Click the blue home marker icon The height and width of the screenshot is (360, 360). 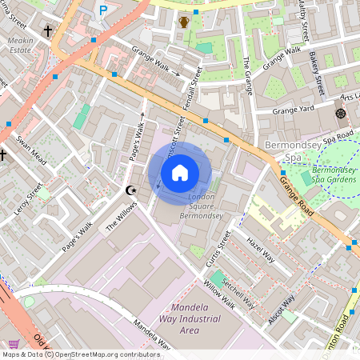[x=180, y=172]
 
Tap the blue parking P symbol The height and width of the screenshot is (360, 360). [x=102, y=10]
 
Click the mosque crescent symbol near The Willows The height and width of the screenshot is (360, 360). [x=132, y=190]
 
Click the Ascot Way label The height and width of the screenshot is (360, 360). [x=282, y=305]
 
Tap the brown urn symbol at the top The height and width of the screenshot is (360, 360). [x=184, y=22]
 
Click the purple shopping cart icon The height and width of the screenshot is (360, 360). [x=14, y=344]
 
